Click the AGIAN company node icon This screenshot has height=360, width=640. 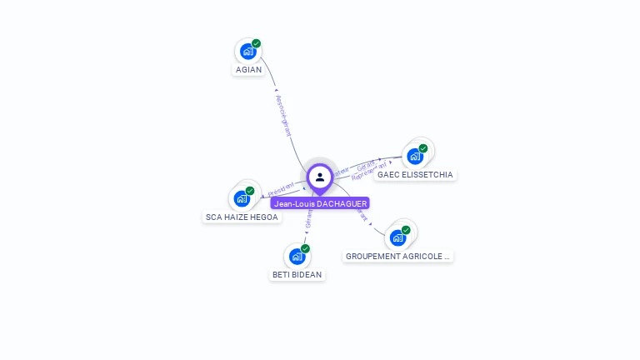[247, 52]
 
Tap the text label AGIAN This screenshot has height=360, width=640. [248, 70]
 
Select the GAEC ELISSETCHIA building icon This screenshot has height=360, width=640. [414, 156]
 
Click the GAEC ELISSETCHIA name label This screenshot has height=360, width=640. [415, 175]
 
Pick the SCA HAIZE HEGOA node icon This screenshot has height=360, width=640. [242, 198]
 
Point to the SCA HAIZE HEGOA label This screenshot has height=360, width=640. [242, 217]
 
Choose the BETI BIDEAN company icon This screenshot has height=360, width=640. [297, 256]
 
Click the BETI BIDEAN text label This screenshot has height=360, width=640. [297, 275]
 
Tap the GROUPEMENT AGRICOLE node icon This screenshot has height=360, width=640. [397, 237]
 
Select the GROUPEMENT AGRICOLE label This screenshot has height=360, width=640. [398, 257]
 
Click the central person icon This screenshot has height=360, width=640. [320, 177]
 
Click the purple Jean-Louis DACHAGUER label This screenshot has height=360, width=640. [319, 203]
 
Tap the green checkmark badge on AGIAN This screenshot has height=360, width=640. [257, 43]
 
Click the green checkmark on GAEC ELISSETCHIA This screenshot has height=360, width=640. [423, 148]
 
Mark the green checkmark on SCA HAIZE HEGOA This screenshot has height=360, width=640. [250, 191]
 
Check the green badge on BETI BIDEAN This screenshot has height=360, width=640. [306, 248]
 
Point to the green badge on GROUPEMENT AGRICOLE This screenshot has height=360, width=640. [406, 230]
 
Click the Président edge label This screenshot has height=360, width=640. [282, 188]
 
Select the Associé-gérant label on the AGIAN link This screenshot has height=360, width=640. [282, 115]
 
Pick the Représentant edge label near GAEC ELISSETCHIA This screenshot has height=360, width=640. [369, 172]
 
